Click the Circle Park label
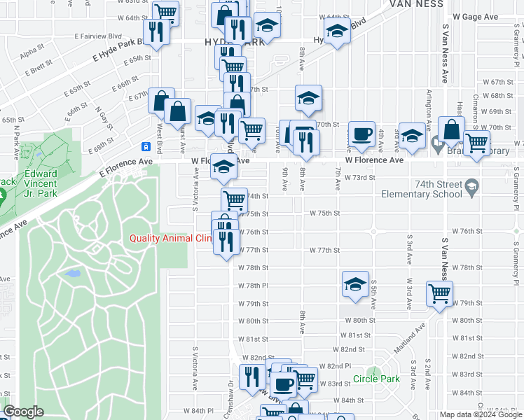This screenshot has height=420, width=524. (376, 379)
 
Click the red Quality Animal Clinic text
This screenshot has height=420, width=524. (169, 238)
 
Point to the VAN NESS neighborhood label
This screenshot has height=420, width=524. (417, 4)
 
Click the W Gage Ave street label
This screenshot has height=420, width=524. (475, 16)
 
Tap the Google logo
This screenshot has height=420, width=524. (23, 412)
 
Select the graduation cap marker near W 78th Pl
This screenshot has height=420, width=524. (355, 283)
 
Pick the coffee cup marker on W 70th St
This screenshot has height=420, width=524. (361, 133)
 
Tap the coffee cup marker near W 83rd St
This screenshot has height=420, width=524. (284, 383)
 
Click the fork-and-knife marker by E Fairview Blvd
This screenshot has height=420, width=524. (155, 31)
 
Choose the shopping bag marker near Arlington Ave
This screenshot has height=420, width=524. (452, 128)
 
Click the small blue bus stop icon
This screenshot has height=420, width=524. (146, 146)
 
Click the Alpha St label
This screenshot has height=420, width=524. (32, 52)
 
